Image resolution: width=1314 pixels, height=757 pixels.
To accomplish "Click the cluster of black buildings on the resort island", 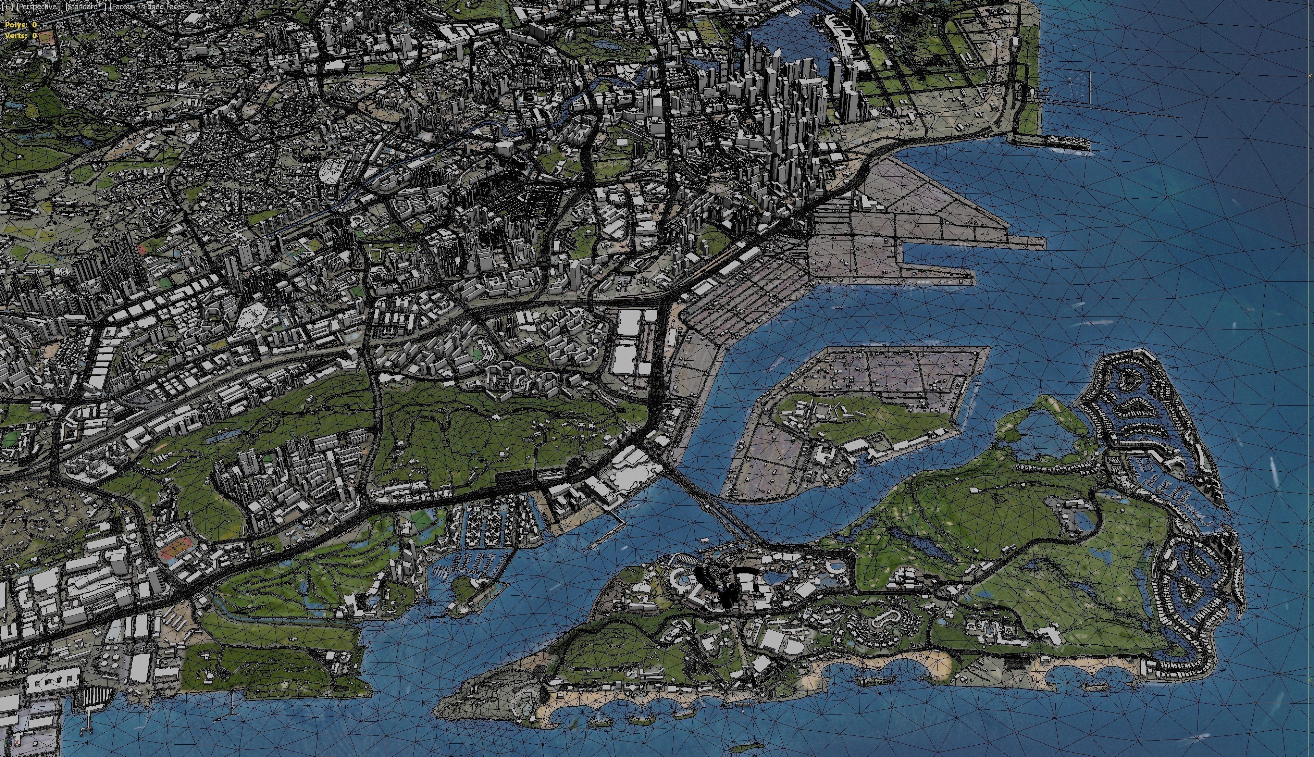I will [722, 585].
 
